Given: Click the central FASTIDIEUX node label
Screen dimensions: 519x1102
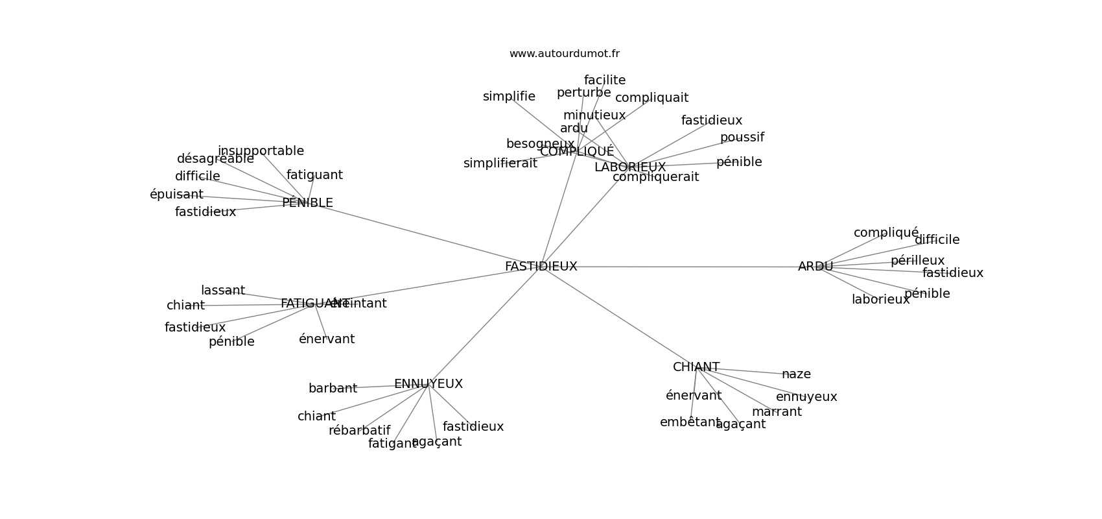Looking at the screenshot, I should click(541, 267).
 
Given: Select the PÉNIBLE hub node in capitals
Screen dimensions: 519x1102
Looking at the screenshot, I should click(307, 203).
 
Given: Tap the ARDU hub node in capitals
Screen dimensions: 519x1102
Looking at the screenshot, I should click(815, 267).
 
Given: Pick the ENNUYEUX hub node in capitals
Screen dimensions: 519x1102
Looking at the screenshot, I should click(428, 384).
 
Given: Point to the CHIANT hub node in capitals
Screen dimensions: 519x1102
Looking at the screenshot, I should click(696, 367).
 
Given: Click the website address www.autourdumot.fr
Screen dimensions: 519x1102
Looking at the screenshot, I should click(564, 54).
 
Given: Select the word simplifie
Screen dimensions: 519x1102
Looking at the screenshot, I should click(509, 97).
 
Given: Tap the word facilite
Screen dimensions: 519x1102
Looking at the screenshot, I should click(604, 80).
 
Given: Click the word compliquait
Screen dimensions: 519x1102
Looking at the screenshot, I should click(651, 98).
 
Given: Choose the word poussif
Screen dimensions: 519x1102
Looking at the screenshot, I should click(742, 138).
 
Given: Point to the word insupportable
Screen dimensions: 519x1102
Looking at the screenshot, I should click(261, 151).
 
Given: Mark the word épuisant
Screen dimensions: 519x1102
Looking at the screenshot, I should click(176, 195).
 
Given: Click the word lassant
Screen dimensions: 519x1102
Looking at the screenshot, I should click(223, 291).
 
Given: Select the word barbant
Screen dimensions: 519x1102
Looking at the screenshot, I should click(333, 389).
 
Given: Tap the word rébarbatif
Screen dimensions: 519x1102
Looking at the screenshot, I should click(359, 431).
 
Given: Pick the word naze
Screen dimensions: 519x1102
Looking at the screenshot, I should click(796, 374).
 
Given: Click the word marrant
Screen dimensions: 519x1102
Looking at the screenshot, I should click(777, 412).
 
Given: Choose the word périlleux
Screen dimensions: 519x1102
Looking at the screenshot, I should click(917, 261).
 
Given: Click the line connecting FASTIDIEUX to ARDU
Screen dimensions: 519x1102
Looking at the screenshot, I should click(681, 267).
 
